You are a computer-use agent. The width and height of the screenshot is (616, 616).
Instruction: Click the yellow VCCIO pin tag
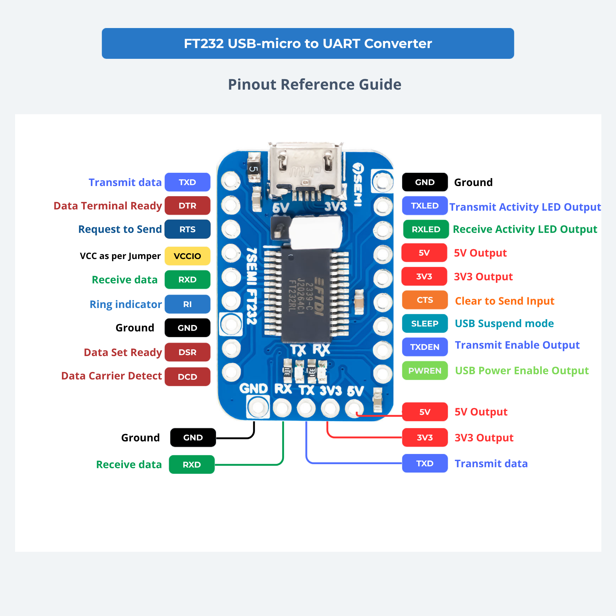pyautogui.click(x=188, y=256)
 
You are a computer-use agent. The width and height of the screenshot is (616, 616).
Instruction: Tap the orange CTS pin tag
pyautogui.click(x=425, y=300)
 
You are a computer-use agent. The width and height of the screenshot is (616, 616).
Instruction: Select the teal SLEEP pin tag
pyautogui.click(x=425, y=324)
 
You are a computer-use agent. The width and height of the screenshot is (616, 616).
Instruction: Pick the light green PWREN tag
pyautogui.click(x=425, y=371)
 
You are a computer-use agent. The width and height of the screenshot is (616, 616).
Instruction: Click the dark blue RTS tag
pyautogui.click(x=188, y=229)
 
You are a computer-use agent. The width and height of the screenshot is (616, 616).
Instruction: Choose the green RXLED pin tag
pyautogui.click(x=426, y=229)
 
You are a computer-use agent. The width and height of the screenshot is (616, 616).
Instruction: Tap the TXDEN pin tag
pyautogui.click(x=425, y=347)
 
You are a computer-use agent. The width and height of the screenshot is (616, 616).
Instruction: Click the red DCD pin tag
pyautogui.click(x=188, y=377)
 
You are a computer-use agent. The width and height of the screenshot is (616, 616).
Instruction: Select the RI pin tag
pyautogui.click(x=188, y=304)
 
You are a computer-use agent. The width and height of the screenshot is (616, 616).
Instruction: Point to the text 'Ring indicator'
pyautogui.click(x=126, y=305)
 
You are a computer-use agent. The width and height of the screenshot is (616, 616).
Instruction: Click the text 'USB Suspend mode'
pyautogui.click(x=504, y=324)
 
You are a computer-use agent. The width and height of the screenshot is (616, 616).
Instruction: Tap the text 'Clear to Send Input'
pyautogui.click(x=505, y=301)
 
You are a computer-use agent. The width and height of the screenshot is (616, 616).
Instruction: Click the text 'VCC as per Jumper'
pyautogui.click(x=120, y=256)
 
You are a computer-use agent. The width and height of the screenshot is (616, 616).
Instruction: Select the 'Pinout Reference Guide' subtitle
pyautogui.click(x=314, y=84)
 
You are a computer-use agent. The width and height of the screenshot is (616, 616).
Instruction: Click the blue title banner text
pyautogui.click(x=308, y=43)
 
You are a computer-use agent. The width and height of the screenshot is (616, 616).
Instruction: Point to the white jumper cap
pyautogui.click(x=316, y=233)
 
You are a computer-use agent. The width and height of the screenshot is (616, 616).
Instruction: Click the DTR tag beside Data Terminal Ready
pyautogui.click(x=188, y=206)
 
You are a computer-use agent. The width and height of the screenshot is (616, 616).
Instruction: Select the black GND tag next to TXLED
pyautogui.click(x=425, y=182)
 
